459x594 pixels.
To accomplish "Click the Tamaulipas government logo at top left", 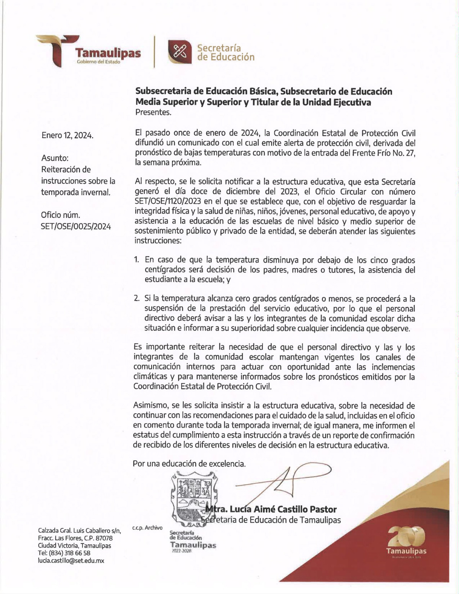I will [x=88, y=51].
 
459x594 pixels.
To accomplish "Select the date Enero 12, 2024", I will [x=67, y=135].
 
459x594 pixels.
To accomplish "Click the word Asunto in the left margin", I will [x=55, y=158].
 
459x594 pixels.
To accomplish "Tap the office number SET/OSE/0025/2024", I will [x=76, y=226].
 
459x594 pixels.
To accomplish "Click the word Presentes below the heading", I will [x=153, y=112].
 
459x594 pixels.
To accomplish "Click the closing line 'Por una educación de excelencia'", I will [x=189, y=464].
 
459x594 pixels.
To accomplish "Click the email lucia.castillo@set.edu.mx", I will [x=71, y=561].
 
